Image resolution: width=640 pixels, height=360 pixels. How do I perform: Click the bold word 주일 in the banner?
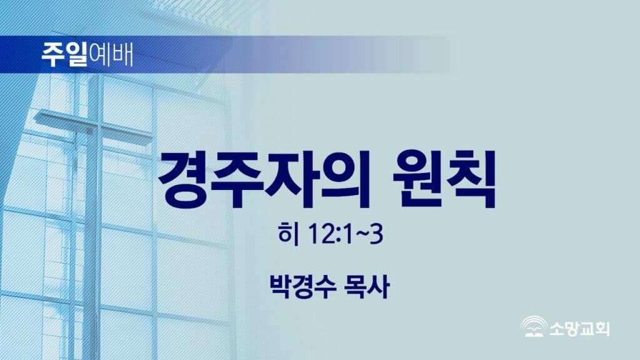click(64, 54)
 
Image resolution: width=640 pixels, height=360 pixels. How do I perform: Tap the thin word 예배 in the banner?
click(111, 54)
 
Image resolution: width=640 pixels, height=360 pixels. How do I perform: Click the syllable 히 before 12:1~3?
click(288, 234)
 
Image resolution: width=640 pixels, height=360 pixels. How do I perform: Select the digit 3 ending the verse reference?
click(376, 234)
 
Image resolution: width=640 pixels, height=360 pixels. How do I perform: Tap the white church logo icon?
click(534, 327)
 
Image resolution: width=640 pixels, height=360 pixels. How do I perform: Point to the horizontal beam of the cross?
click(94, 125)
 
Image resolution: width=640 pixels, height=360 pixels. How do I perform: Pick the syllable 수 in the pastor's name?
click(325, 286)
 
